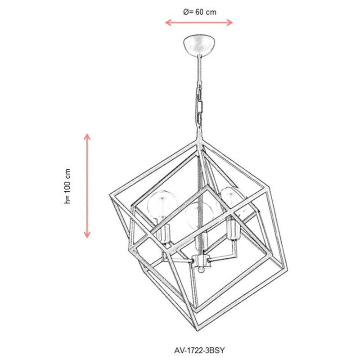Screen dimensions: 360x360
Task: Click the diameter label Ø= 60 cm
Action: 200,12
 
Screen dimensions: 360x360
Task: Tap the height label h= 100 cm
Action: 68,186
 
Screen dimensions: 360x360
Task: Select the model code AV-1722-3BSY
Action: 199,351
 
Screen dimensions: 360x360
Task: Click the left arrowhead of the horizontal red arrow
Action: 168,22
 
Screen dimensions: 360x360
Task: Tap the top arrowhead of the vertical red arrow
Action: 87,137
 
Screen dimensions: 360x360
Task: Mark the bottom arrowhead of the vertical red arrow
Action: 87,234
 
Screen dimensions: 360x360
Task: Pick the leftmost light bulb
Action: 162,204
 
